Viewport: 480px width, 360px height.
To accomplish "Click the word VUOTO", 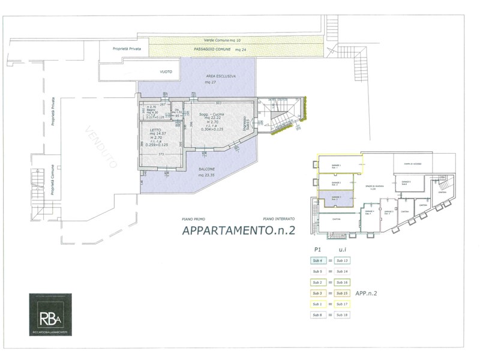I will tap(166, 72).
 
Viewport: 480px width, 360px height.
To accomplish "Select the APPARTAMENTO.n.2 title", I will tap(238, 230).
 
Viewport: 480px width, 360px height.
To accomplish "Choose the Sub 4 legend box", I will tap(317, 261).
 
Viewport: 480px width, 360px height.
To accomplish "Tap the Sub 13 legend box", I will tap(343, 261).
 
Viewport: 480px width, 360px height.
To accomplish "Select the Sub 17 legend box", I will tap(343, 304).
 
